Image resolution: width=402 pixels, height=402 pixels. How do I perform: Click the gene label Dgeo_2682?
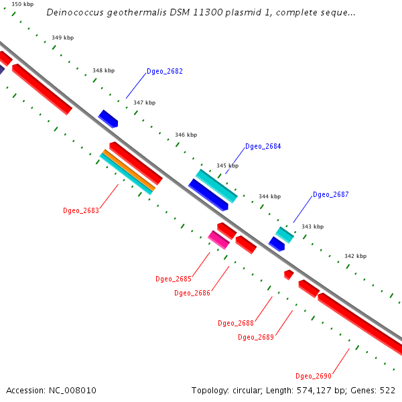point(165,71)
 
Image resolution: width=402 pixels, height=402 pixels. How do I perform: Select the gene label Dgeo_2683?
point(81,210)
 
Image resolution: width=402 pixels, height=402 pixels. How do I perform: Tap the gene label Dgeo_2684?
point(263,146)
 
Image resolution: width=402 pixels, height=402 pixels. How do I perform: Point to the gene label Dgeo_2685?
point(174,279)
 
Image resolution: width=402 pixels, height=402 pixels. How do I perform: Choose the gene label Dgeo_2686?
point(192,293)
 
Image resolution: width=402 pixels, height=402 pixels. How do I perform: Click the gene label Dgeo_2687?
point(331,194)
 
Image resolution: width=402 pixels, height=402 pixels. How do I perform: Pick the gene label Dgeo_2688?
point(236,323)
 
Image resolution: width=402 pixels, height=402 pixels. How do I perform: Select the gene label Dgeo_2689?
point(256,337)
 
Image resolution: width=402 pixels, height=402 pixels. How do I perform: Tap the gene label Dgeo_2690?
point(314,376)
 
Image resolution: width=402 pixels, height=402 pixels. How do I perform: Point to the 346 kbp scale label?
point(186,135)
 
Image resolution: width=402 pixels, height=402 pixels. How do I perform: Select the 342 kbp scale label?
point(355,256)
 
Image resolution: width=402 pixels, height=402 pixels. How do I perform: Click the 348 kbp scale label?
point(103,70)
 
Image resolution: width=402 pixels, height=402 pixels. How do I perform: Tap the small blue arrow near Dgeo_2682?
point(108,119)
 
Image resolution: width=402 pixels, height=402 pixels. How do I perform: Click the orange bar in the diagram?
point(128,170)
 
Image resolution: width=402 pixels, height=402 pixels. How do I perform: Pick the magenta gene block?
point(218,239)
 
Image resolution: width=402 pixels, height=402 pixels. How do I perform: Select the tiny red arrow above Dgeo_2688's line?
point(288,274)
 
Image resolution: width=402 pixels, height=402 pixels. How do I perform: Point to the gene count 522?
point(387,391)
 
